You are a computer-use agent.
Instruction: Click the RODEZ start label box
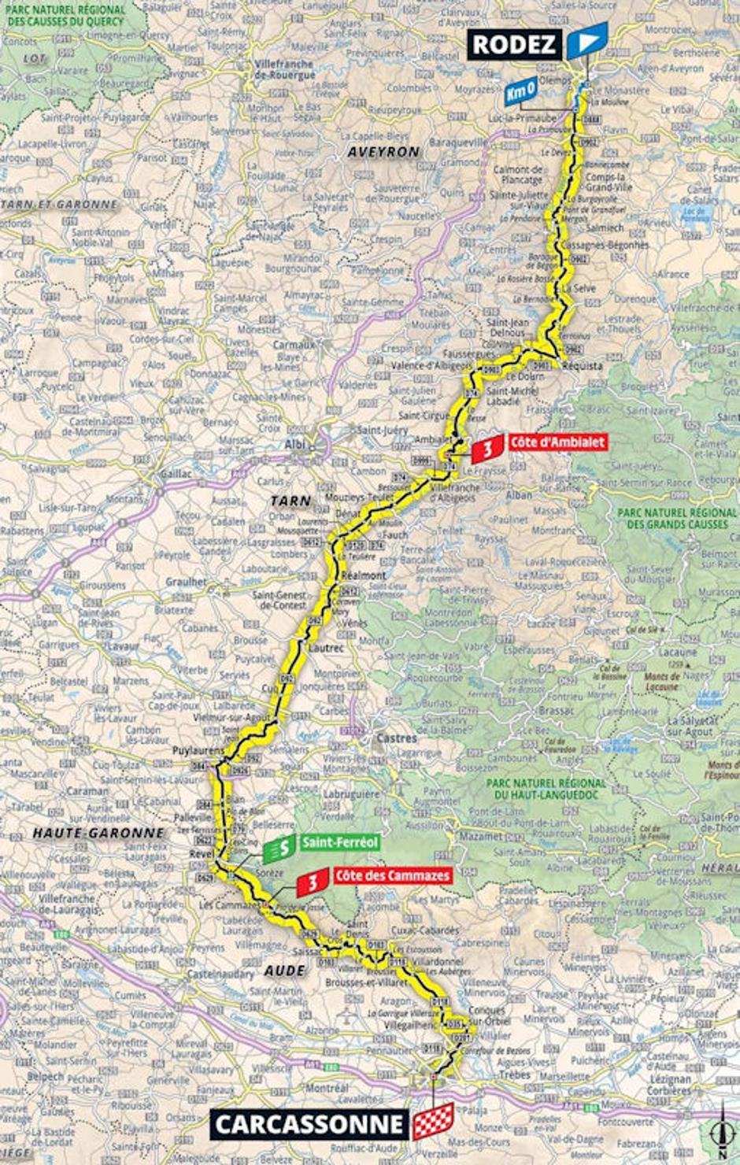516,44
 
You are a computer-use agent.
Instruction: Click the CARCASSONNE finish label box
310,1124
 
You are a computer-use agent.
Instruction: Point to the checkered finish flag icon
434,1121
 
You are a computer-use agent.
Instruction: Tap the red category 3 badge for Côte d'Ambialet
487,449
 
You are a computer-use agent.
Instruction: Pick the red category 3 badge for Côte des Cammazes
313,882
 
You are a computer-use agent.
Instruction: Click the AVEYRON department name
383,151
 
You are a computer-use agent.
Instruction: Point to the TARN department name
290,501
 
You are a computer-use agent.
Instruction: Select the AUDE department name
284,971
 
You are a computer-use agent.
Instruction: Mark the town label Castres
396,738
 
